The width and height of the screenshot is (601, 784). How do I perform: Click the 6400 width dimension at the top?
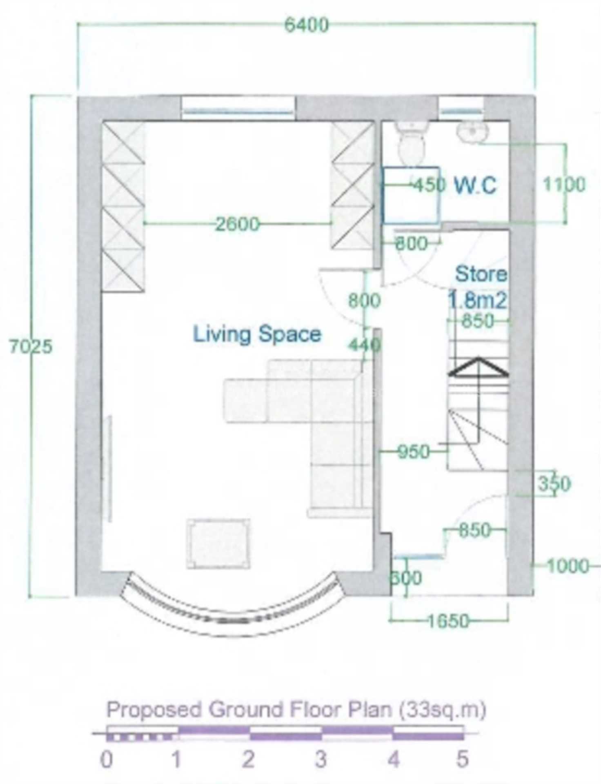[306, 25]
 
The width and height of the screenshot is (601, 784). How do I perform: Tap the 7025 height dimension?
[31, 347]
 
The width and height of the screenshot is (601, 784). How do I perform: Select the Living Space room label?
[257, 334]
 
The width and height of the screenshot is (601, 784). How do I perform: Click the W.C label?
[476, 186]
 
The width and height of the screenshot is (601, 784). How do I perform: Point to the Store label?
[481, 274]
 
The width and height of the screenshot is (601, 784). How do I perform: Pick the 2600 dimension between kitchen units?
[237, 224]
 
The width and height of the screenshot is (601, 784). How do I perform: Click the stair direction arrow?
[478, 367]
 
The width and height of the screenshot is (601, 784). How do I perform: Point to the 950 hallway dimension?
[413, 452]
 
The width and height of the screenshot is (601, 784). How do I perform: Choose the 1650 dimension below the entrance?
[448, 621]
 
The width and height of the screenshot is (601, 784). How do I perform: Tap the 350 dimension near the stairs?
[554, 484]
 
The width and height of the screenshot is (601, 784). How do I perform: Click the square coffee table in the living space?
[218, 543]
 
